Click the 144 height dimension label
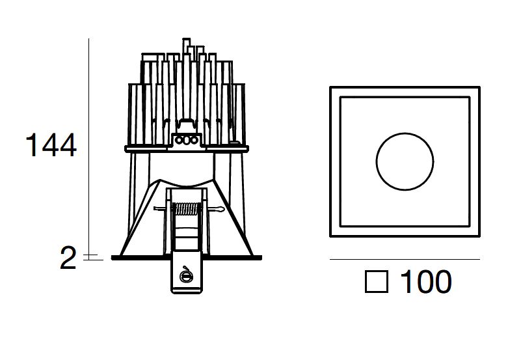[51, 145]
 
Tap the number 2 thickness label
[68, 258]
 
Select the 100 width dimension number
[425, 281]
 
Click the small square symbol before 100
[377, 282]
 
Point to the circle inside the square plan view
[405, 133]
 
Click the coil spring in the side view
[186, 209]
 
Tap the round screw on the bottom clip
[185, 275]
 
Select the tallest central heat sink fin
[186, 85]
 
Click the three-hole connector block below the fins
[186, 140]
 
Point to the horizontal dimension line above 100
[405, 260]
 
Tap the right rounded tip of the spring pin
[222, 210]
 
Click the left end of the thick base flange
[112, 258]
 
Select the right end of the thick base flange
[261, 258]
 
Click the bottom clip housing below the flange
[186, 272]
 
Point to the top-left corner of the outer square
[330, 87]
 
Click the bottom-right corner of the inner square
[470, 226]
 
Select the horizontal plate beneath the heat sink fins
[187, 149]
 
